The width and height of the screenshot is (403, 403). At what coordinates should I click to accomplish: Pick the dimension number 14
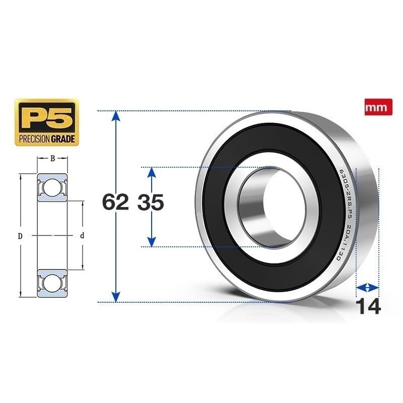(x=368, y=306)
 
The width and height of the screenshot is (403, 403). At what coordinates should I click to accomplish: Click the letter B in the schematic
(x=52, y=159)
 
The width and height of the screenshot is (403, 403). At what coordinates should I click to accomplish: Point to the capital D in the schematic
(x=21, y=235)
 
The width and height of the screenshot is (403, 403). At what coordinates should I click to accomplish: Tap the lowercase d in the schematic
(x=82, y=235)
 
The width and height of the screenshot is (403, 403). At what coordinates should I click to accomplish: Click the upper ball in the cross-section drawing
(x=51, y=188)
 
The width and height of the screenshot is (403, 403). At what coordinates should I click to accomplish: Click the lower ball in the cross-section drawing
(x=51, y=283)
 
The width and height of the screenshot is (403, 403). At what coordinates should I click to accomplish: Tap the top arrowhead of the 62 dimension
(x=116, y=116)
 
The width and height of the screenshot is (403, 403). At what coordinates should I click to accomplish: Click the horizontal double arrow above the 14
(x=367, y=287)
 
